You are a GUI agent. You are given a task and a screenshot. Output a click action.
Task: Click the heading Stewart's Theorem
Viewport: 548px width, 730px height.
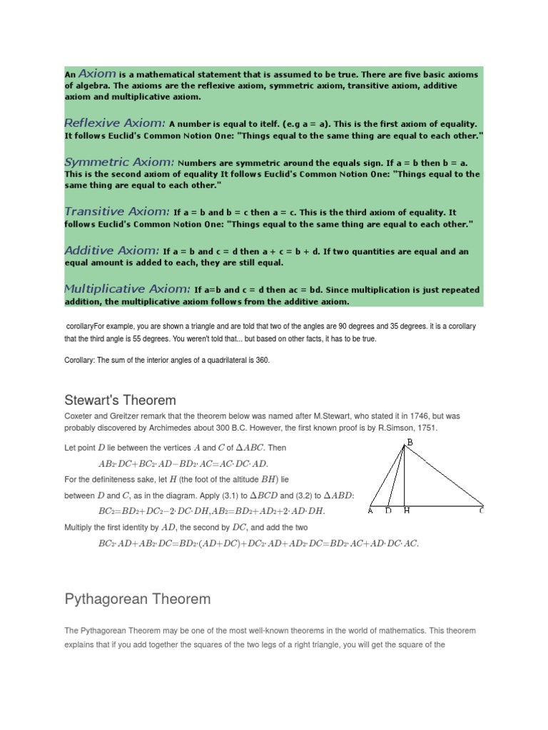(x=120, y=400)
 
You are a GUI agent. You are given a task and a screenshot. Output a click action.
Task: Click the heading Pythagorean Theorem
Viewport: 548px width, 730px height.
(x=137, y=598)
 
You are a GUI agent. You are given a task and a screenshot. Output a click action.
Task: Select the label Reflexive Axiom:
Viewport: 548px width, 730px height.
(x=115, y=123)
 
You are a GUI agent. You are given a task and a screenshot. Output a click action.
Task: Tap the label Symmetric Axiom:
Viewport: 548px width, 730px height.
(x=118, y=162)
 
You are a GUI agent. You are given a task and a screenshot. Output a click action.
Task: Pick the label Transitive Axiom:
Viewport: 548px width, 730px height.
(x=117, y=211)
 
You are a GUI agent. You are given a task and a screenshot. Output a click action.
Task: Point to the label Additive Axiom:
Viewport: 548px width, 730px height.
(x=112, y=250)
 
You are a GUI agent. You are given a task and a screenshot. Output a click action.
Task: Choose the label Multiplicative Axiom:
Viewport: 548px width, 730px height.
(x=127, y=289)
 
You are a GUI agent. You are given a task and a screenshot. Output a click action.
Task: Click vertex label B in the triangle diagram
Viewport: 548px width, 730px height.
(x=410, y=443)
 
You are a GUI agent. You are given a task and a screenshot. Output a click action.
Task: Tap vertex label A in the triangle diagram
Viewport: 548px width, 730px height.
(x=370, y=510)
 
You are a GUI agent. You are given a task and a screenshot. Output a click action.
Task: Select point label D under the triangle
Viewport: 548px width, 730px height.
(x=388, y=510)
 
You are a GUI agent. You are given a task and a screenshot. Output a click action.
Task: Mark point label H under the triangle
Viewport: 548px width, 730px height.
(x=406, y=510)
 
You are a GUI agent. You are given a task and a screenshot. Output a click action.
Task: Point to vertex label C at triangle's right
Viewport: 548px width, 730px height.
(x=481, y=510)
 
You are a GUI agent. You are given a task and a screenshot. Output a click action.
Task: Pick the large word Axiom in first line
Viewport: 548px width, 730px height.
(x=96, y=73)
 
